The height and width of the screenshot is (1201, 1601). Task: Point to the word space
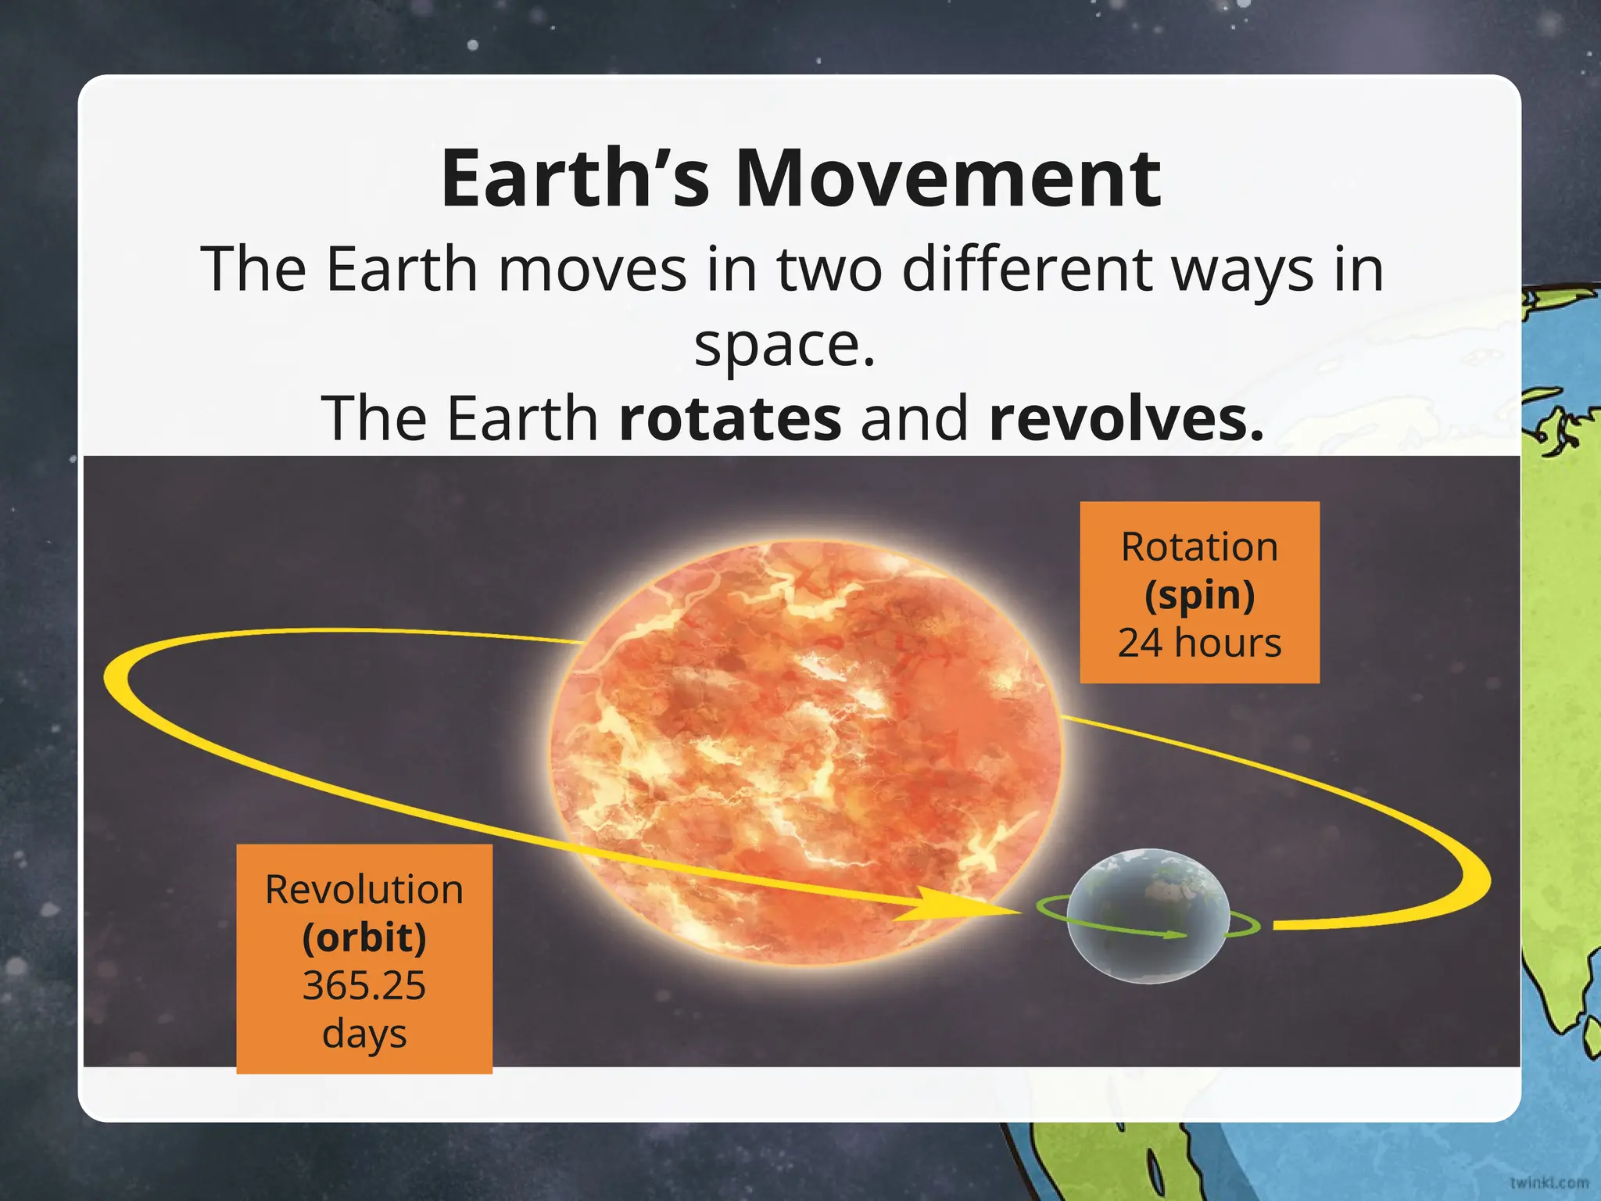(x=784, y=346)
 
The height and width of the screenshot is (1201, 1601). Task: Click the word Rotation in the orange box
(x=1199, y=547)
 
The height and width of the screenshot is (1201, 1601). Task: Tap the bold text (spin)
(x=1199, y=595)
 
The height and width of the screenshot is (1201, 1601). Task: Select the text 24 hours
(x=1199, y=643)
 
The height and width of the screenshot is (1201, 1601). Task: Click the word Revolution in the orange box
(x=364, y=890)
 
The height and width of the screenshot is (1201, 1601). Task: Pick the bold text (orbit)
(x=364, y=937)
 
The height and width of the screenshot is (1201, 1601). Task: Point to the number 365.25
(x=364, y=985)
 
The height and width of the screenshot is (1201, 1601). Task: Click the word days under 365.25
(x=364, y=1034)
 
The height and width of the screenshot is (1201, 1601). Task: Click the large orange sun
(x=805, y=751)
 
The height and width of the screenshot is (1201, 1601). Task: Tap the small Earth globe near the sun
(x=1147, y=915)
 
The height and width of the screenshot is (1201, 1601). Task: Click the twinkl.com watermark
(x=1549, y=1182)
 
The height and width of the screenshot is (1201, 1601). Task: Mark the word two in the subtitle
(x=829, y=270)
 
